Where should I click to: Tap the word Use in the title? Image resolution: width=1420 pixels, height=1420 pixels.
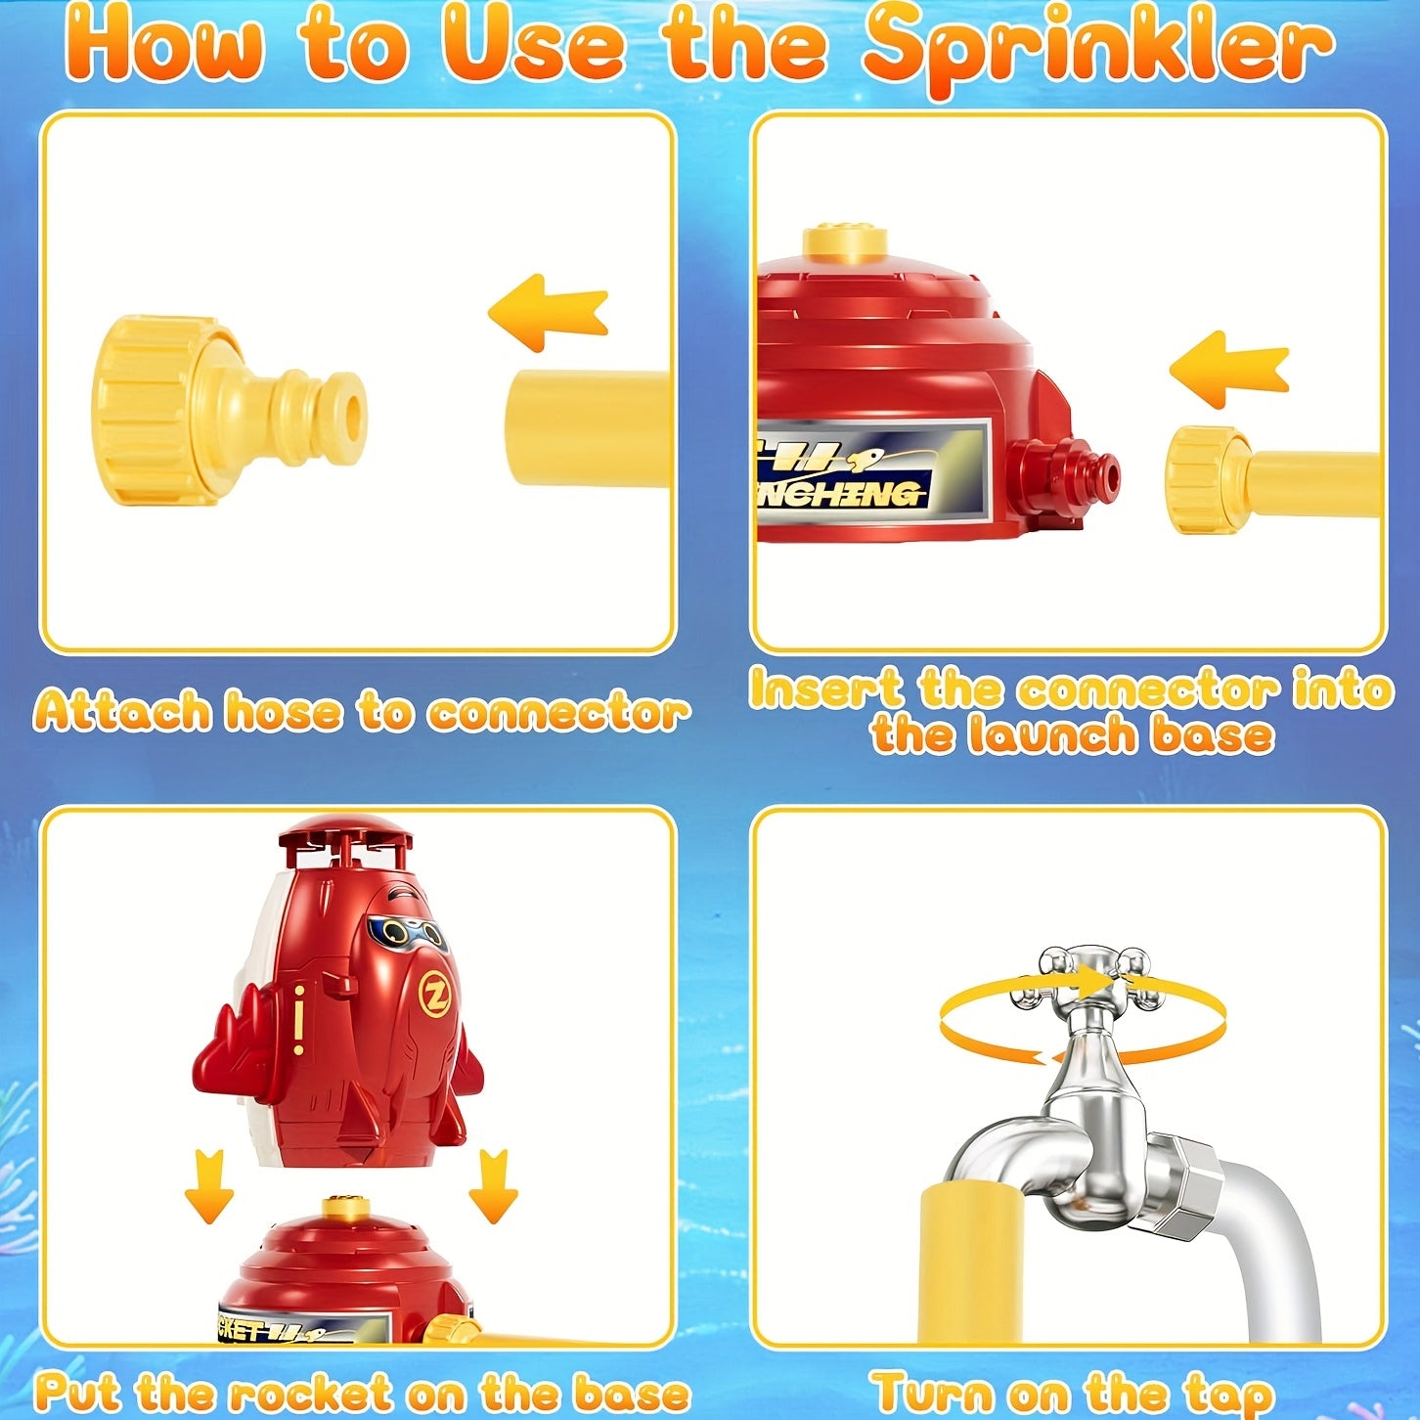[x=533, y=47]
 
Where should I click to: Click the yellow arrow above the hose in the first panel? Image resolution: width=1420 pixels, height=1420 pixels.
[x=549, y=313]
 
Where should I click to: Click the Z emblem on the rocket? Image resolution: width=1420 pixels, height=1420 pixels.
[x=435, y=996]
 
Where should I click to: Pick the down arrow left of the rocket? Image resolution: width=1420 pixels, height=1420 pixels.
[x=209, y=1186]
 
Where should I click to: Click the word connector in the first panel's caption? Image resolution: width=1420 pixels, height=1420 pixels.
[x=558, y=713]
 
